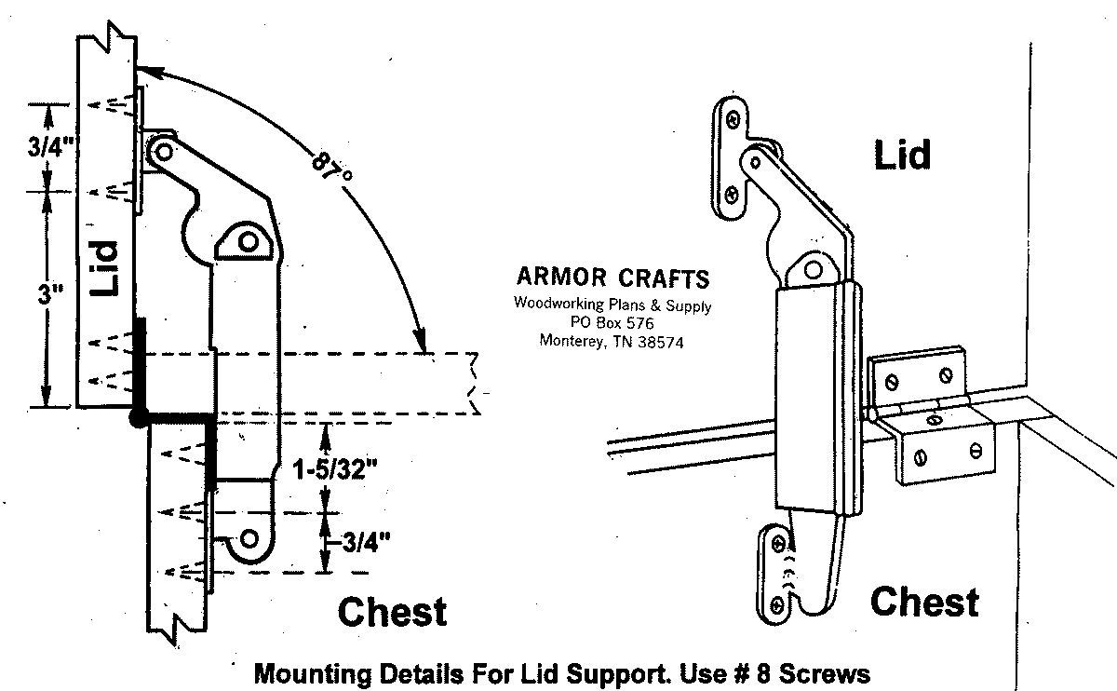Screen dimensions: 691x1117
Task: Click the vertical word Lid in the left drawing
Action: (105, 268)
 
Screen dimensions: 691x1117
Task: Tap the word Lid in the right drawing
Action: (901, 155)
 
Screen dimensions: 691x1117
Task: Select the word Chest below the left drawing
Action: (392, 612)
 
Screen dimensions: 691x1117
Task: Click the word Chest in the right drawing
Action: (924, 602)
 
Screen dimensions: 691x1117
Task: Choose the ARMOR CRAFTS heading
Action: (612, 278)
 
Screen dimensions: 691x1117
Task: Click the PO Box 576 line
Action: (612, 321)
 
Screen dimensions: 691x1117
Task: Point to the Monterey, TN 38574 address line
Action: (612, 340)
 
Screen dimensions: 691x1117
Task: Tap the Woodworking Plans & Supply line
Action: (612, 304)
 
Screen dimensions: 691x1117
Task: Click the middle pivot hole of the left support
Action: (248, 241)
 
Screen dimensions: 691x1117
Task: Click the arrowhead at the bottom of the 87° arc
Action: (424, 342)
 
